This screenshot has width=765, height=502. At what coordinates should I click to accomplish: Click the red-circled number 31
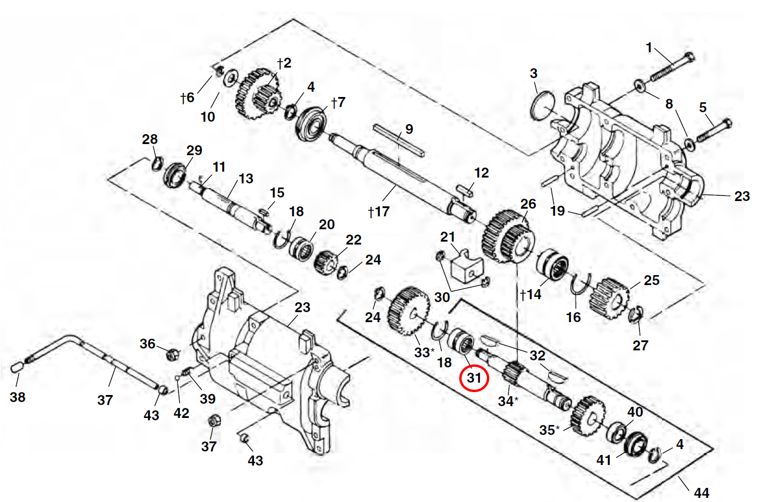[474, 378]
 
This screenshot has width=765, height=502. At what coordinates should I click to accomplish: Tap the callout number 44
[701, 493]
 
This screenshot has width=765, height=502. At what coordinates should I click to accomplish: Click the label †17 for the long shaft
[379, 212]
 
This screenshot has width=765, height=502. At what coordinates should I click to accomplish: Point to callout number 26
[528, 204]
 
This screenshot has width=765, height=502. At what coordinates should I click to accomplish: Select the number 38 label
[18, 397]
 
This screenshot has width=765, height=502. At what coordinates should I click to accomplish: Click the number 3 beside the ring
[534, 73]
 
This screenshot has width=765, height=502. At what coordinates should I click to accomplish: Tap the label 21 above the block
[447, 237]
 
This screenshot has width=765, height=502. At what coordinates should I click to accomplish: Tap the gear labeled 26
[508, 237]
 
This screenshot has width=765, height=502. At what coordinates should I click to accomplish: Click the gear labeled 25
[610, 299]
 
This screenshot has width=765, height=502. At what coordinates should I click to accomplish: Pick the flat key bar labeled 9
[399, 139]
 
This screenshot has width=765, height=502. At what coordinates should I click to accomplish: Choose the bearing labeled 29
[175, 176]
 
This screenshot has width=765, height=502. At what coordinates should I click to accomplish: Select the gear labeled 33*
[409, 311]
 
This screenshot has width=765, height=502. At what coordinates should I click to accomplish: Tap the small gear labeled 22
[326, 263]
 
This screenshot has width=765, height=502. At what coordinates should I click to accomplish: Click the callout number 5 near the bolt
[703, 107]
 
